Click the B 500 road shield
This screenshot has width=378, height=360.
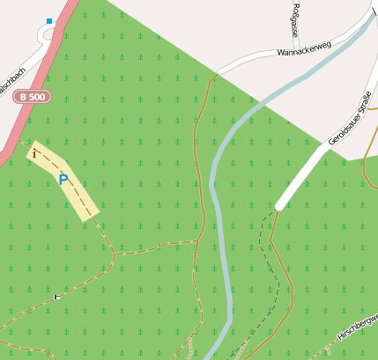tap(32, 96)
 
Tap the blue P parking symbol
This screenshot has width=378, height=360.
tap(63, 180)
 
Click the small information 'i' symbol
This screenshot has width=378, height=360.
tap(34, 153)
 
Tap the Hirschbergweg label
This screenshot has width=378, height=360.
tap(358, 326)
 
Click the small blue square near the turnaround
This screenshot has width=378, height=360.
tap(49, 20)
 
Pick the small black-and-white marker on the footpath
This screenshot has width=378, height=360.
tap(58, 297)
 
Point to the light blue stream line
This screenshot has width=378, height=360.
tap(217, 220)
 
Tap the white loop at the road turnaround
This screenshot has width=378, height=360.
tap(44, 33)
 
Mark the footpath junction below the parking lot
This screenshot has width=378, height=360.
tap(114, 253)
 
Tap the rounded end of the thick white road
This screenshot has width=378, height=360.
tap(279, 206)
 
